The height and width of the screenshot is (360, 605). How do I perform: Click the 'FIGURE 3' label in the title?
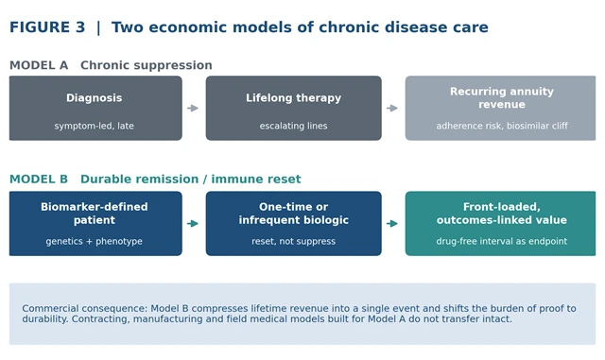click(x=47, y=27)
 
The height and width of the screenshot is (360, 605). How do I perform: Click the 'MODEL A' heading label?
click(x=39, y=65)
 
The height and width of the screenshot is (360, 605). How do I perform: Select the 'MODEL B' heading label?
click(x=39, y=179)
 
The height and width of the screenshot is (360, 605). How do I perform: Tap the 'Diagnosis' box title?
click(x=95, y=98)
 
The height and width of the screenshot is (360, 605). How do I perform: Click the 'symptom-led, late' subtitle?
click(x=95, y=126)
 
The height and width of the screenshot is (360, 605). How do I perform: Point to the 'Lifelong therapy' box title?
click(x=294, y=98)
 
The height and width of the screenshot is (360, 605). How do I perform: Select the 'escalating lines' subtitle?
click(x=294, y=126)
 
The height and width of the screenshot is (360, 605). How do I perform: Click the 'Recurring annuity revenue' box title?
click(x=502, y=98)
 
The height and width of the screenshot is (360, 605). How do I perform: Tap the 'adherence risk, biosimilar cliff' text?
click(x=502, y=126)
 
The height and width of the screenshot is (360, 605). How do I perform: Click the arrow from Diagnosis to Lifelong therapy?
click(x=193, y=108)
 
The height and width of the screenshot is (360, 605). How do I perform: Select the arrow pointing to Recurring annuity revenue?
click(x=392, y=108)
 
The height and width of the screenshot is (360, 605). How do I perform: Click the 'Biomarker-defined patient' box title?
click(x=95, y=214)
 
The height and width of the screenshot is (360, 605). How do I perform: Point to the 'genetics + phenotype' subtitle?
click(x=95, y=241)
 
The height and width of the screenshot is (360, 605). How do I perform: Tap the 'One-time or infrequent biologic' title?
click(x=294, y=214)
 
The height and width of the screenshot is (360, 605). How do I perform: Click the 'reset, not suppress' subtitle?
click(x=294, y=241)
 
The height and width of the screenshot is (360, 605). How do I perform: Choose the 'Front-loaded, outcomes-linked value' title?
click(x=502, y=214)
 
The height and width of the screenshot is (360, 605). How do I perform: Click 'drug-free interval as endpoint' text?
click(x=502, y=241)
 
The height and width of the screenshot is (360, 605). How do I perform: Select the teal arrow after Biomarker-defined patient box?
click(x=193, y=223)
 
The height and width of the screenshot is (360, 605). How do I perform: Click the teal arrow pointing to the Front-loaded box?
click(x=392, y=223)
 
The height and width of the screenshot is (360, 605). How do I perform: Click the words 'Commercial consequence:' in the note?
click(x=85, y=309)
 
